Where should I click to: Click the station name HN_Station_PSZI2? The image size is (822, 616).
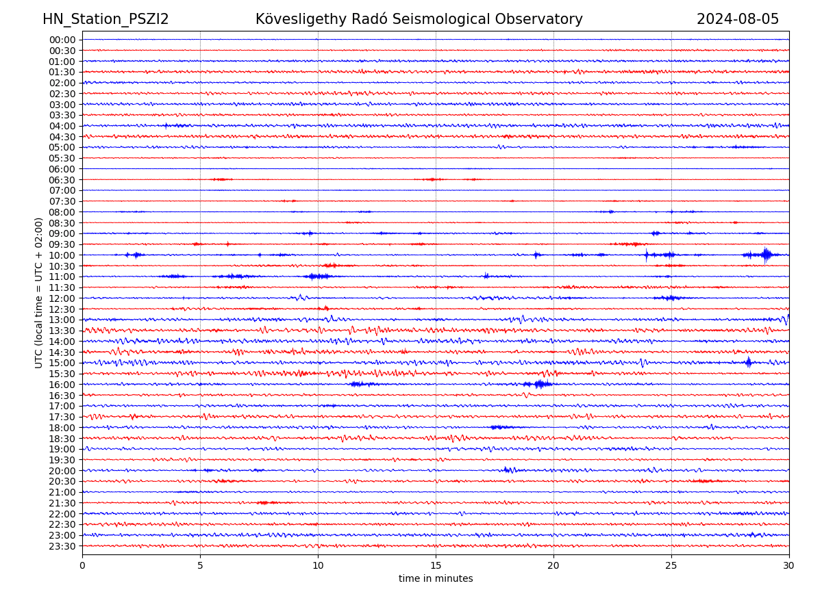(105, 19)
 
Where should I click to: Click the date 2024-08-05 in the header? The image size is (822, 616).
(738, 19)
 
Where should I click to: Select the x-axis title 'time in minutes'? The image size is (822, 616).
(436, 578)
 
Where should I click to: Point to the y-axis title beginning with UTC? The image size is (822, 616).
(39, 292)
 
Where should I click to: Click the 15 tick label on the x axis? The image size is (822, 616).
(436, 566)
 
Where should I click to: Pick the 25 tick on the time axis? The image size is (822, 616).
(671, 566)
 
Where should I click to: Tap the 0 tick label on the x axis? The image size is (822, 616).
(82, 566)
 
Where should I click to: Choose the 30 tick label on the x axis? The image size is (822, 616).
(789, 566)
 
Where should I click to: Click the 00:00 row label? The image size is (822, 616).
(62, 40)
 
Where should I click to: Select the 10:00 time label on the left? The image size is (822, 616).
(62, 255)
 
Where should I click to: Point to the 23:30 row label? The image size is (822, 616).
(62, 546)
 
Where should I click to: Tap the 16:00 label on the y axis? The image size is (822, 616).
(62, 385)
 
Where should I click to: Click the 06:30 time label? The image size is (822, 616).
(62, 180)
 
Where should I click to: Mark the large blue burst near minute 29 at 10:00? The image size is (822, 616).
(766, 255)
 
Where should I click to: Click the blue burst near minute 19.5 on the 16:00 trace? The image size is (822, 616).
(541, 384)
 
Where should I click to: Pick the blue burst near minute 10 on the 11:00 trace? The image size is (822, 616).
(318, 276)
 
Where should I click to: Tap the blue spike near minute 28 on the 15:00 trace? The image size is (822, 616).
(748, 362)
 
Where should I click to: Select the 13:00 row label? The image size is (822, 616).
(62, 320)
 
